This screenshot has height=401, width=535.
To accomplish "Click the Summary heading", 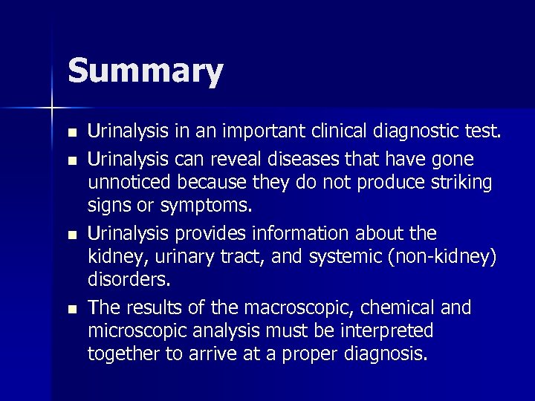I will click(145, 72).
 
